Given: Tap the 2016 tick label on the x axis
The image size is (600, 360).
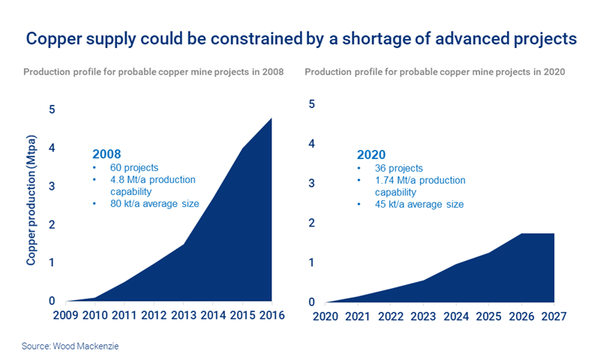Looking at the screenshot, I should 271,315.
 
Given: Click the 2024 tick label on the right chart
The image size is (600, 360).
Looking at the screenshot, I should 456,316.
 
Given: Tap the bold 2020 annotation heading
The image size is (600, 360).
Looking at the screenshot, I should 372,154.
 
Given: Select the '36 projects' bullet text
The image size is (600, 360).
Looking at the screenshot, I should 394,168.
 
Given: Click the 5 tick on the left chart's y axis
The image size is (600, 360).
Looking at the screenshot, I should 52,109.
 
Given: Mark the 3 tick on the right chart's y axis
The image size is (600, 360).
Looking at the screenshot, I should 311,183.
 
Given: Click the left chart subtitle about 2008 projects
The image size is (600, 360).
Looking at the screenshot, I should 153,72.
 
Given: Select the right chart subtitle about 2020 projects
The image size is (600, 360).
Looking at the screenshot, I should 435,72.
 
